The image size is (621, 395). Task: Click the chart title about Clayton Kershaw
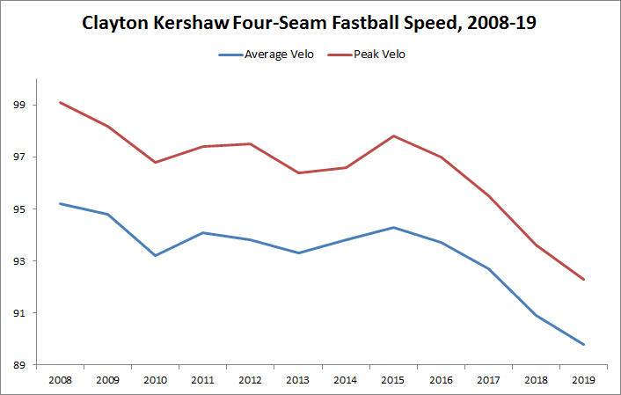pos(309,24)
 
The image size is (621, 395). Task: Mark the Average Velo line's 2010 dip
pos(156,255)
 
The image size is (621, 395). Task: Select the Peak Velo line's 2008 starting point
pos(60,102)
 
